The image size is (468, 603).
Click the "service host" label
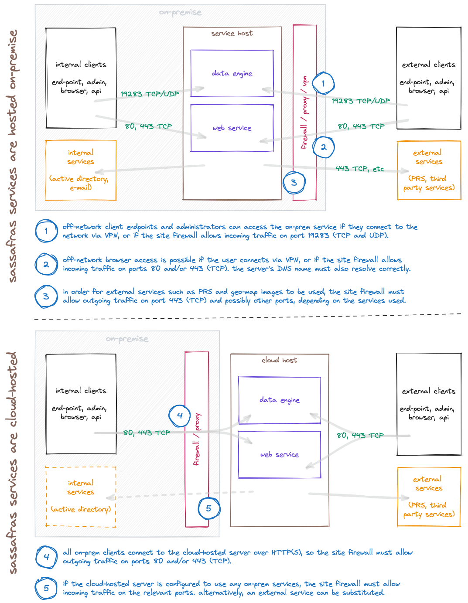click(232, 34)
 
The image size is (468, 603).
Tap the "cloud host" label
click(279, 360)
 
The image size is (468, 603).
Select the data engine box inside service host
click(232, 73)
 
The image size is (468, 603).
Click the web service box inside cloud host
click(279, 454)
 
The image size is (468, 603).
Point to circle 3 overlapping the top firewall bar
click(294, 183)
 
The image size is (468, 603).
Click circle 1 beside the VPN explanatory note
click(46, 231)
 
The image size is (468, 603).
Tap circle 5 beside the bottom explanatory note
click(46, 588)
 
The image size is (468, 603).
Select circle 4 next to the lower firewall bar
click(180, 416)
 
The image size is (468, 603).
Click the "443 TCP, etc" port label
click(359, 169)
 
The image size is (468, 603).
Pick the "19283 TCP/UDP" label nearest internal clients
click(150, 94)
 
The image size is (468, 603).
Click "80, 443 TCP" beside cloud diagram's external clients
click(360, 435)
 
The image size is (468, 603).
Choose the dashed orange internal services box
click(81, 497)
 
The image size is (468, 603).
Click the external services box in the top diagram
click(429, 170)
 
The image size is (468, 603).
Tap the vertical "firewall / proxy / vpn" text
click(304, 113)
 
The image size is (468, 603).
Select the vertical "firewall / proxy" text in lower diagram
click(197, 439)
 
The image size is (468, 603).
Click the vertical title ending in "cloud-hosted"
click(13, 462)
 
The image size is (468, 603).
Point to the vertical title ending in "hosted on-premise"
click(13, 156)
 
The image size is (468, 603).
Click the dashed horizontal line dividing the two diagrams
click(247, 317)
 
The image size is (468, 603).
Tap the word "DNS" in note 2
click(284, 269)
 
